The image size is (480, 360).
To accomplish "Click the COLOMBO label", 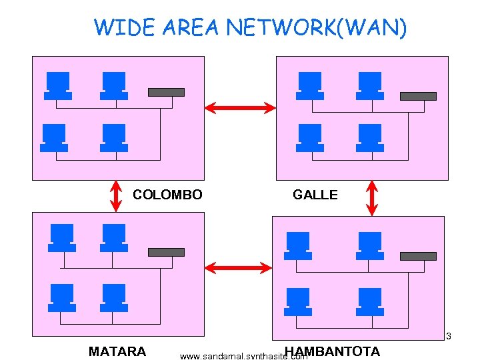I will click(x=167, y=195).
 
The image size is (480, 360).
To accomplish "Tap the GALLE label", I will click(x=315, y=195).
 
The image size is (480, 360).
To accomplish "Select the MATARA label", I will click(x=117, y=351).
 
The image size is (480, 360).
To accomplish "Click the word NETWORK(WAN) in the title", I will click(x=315, y=28).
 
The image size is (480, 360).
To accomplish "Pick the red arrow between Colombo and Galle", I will click(x=239, y=107).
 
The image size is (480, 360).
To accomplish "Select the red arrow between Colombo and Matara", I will click(x=115, y=195).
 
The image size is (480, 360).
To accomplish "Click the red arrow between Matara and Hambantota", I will click(x=238, y=268).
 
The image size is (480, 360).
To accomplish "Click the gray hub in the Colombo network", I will click(x=166, y=92).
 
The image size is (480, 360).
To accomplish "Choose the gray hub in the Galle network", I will click(x=418, y=96).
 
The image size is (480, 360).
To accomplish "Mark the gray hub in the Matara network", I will click(x=166, y=252).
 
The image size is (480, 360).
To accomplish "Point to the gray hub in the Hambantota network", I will click(x=418, y=256).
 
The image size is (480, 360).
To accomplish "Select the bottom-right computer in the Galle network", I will click(x=370, y=138).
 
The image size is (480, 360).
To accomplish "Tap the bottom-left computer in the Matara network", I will click(x=62, y=297).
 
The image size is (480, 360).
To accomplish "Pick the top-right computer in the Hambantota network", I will click(x=370, y=245).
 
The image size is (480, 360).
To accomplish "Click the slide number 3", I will click(x=449, y=335).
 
